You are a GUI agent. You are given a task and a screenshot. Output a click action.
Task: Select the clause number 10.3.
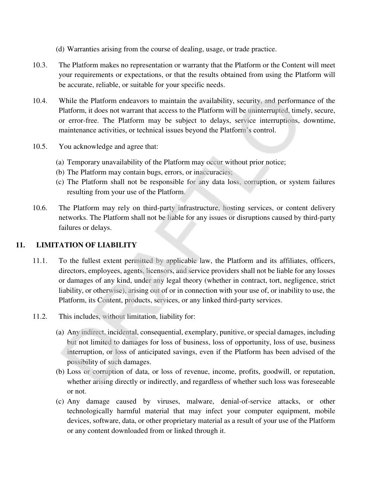tap(40, 65)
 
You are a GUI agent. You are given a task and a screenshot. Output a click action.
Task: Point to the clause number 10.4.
tap(40, 101)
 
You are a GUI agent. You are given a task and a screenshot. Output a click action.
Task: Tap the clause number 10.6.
tap(40, 208)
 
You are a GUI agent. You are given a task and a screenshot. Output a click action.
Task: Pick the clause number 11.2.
tap(40, 317)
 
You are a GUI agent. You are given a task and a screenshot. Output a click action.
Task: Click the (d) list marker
tap(60, 49)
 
